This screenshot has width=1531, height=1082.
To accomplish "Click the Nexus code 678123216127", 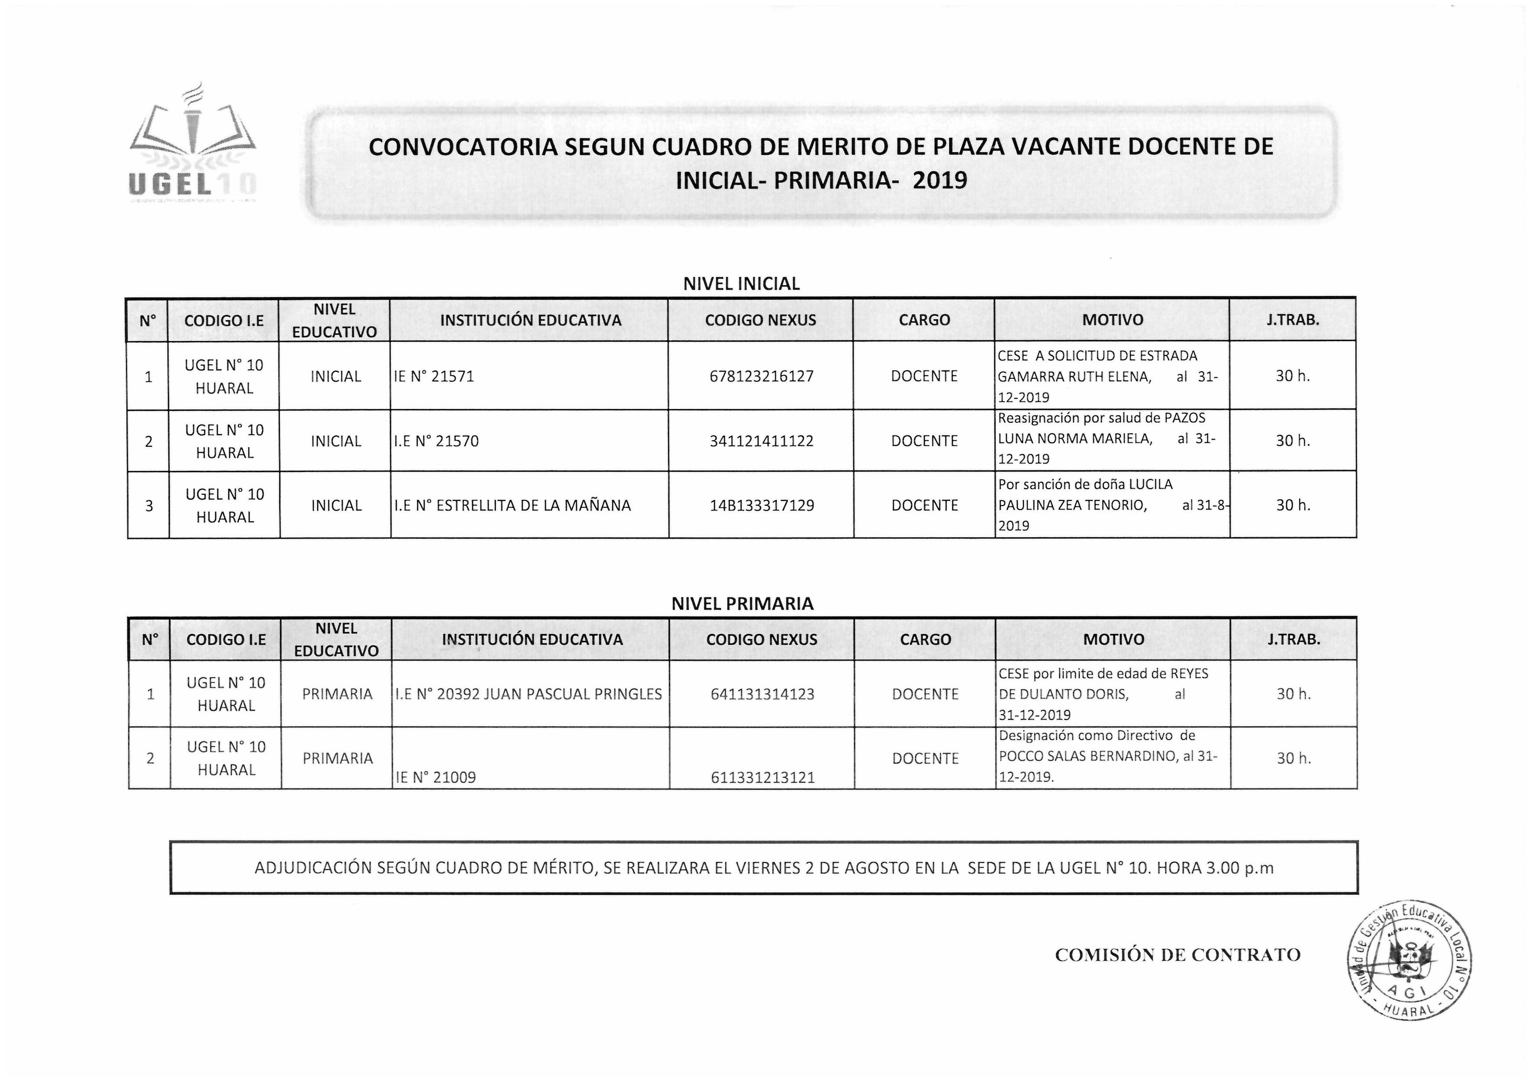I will click(762, 376).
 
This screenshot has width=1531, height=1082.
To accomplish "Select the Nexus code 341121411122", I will click(762, 441).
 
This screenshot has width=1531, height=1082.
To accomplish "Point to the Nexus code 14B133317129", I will click(762, 505).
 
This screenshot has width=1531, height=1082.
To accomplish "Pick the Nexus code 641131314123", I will click(763, 694).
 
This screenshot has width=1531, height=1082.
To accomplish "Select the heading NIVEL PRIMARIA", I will click(742, 604).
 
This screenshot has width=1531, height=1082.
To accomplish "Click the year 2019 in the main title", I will click(940, 181).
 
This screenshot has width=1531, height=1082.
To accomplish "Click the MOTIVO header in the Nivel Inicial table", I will click(1112, 320).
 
